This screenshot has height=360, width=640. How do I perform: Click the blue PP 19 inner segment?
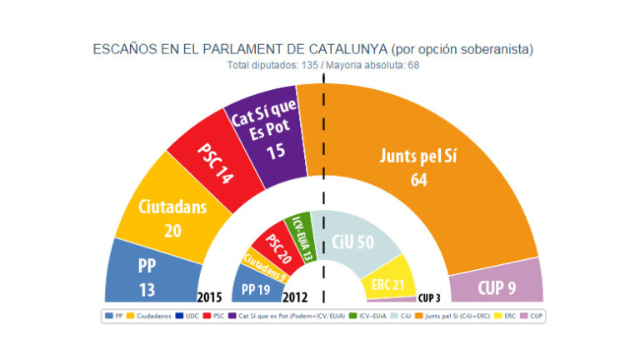point(257,289)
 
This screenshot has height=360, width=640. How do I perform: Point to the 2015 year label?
point(208,296)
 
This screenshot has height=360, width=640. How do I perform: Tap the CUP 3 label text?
point(429,297)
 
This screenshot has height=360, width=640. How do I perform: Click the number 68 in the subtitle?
point(412,65)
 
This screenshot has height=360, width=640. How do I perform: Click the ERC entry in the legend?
point(506,317)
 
